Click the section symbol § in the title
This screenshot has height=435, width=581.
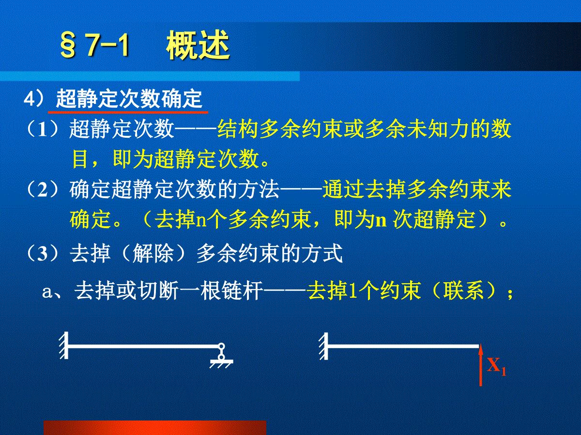coord(68,45)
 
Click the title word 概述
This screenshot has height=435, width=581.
coord(198,44)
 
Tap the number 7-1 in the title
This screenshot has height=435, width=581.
coord(107,44)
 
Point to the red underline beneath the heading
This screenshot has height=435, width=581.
coord(128,112)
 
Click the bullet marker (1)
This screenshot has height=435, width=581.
coord(42,129)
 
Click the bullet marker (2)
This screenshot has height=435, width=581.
coord(42,189)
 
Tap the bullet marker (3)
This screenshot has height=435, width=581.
coord(42,253)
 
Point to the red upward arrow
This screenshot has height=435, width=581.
coord(481,365)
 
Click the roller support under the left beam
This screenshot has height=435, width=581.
coord(222,356)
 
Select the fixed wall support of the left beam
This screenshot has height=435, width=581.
coord(64,345)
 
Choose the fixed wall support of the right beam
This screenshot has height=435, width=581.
coord(324,346)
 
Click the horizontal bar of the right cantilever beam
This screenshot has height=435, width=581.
coord(403,346)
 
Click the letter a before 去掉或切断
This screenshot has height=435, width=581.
coord(47,292)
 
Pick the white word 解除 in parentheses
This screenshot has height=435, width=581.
coord(153,253)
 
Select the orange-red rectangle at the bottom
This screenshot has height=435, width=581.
coord(155,428)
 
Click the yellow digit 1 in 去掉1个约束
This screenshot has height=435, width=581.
coord(352,291)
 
